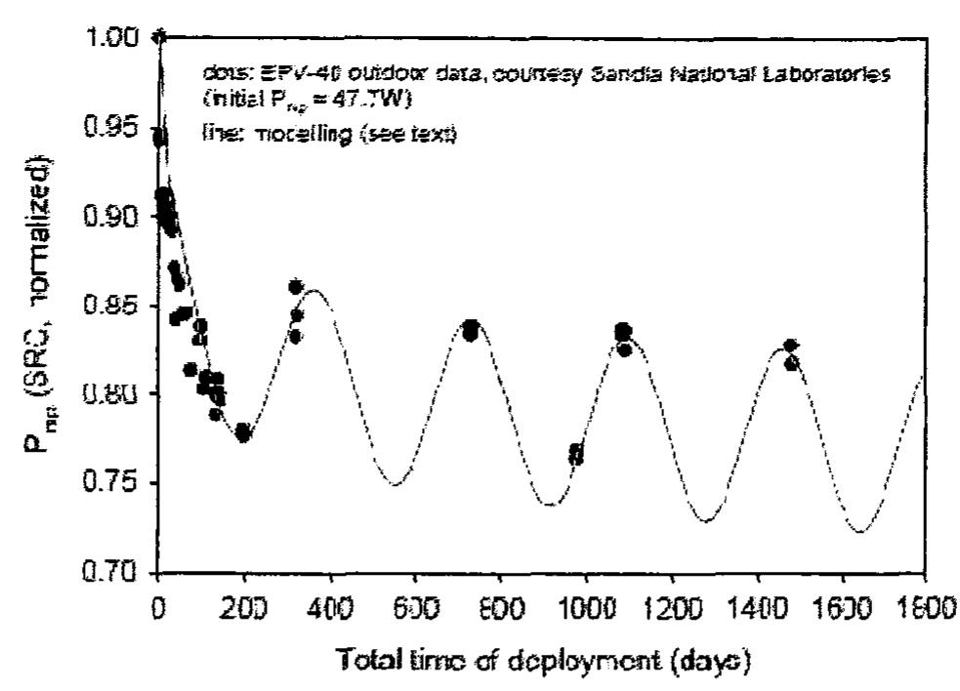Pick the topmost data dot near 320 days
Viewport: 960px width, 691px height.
(295, 287)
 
